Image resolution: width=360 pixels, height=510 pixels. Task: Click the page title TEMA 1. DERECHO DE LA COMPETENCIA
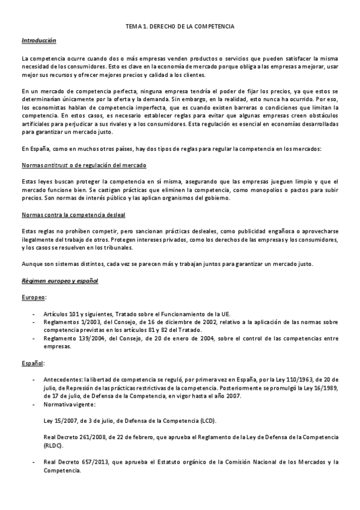(x=180, y=28)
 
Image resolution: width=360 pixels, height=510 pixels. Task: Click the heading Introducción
(x=38, y=40)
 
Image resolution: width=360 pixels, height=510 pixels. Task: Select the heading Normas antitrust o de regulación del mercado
(x=84, y=165)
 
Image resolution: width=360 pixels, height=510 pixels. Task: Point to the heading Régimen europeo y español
(x=59, y=281)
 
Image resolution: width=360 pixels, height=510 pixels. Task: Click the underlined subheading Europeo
(x=33, y=297)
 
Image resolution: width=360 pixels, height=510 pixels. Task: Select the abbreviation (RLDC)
(x=53, y=446)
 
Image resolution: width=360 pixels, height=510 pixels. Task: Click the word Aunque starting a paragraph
(x=32, y=265)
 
